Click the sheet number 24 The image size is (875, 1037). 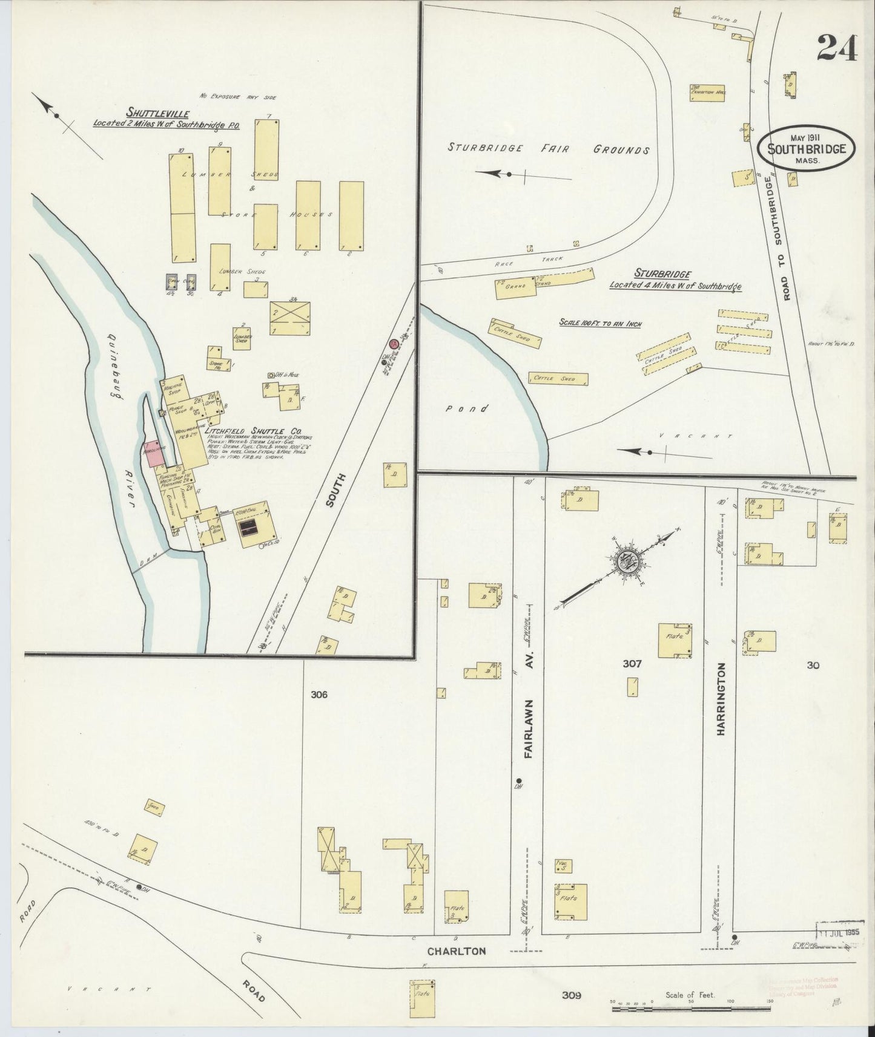(x=837, y=48)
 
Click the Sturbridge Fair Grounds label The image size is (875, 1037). (x=549, y=148)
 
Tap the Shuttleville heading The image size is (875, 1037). (x=158, y=113)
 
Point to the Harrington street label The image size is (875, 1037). (x=721, y=699)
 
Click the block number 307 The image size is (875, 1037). (x=632, y=664)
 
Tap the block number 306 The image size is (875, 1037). (x=319, y=695)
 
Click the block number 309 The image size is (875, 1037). (x=570, y=995)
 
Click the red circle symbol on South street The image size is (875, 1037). (x=394, y=344)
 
